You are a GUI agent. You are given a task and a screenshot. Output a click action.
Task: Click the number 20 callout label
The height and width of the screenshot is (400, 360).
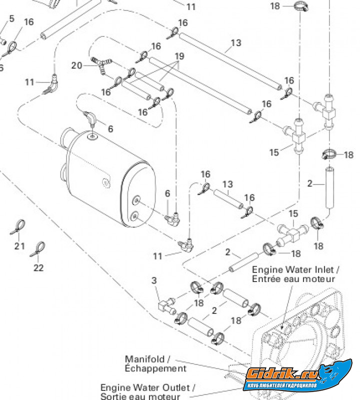coord(76,65)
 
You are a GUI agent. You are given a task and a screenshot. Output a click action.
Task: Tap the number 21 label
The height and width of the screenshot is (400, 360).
coord(19,245)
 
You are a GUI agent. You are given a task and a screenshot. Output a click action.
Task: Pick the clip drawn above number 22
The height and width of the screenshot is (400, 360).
coord(38,248)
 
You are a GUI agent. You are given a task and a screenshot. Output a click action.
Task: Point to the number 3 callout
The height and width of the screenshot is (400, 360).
coord(154,280)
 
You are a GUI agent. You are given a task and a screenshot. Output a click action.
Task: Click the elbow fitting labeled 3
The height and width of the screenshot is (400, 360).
coord(164,303)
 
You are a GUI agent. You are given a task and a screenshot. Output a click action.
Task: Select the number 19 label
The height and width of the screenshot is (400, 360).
coord(179,56)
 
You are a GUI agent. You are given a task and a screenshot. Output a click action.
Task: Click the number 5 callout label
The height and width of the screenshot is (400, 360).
coord(12,19)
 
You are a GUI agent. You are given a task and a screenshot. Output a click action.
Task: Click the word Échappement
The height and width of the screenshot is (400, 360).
coord(155,368)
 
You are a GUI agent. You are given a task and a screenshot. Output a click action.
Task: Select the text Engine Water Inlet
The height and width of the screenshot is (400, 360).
coord(295,270)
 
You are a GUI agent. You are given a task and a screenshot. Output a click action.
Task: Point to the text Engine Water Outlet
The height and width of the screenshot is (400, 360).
coord(147,387)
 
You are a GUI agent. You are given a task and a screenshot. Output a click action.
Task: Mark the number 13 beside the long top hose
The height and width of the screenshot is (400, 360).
coord(236,43)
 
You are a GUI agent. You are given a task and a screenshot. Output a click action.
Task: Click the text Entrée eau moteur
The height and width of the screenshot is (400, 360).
coord(293,279)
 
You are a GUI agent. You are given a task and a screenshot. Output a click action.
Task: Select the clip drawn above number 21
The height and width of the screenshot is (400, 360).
coord(19,227)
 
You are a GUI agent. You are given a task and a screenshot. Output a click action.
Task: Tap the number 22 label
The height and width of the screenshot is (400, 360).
coord(38,267)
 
